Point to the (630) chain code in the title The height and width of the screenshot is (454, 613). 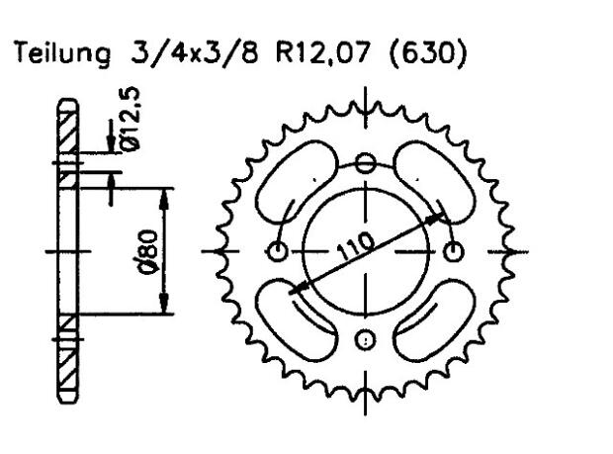click(x=426, y=54)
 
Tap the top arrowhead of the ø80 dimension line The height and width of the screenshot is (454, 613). click(x=165, y=192)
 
